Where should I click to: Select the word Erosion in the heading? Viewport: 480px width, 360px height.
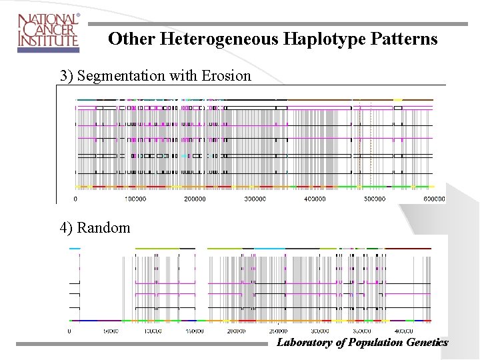pos(226,75)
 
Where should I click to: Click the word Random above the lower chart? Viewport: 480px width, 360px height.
pos(103,227)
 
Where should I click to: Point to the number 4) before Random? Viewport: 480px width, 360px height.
pos(66,227)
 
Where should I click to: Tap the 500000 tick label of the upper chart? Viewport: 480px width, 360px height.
pos(374,199)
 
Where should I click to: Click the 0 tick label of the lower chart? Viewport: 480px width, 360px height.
pos(71,330)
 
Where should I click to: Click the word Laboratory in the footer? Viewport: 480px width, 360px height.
pos(304,343)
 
